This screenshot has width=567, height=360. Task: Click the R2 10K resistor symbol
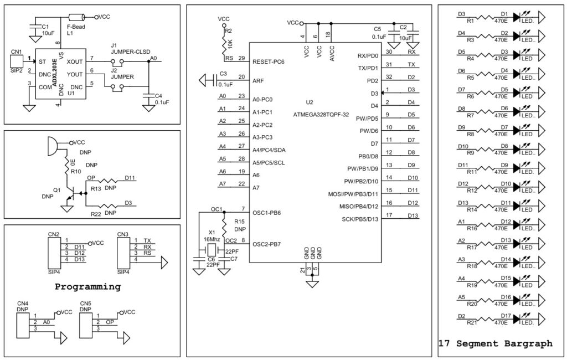click(x=224, y=43)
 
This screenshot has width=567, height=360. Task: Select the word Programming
click(x=87, y=287)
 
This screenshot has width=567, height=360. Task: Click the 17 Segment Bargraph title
click(x=495, y=343)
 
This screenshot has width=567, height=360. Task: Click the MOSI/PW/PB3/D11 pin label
click(x=353, y=194)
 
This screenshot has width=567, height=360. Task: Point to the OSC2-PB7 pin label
click(x=267, y=244)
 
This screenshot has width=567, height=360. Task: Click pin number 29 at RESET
click(x=241, y=58)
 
